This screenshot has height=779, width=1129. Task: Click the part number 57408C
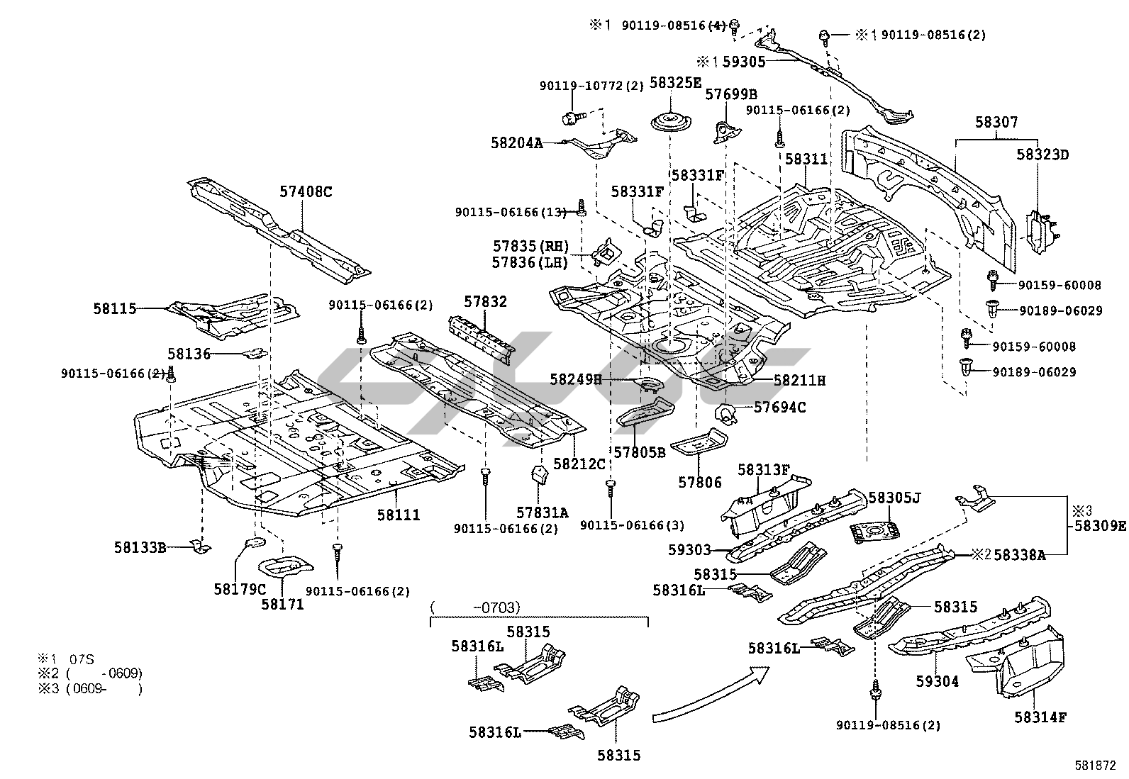(x=306, y=191)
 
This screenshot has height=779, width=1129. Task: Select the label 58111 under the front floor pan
(x=398, y=515)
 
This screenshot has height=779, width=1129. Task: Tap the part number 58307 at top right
(x=996, y=122)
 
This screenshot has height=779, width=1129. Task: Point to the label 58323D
(x=1042, y=154)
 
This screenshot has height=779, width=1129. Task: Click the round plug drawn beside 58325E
(x=670, y=121)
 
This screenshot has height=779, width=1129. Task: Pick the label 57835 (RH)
(x=531, y=247)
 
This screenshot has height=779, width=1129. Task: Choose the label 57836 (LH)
(x=531, y=263)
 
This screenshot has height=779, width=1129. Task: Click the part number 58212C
(x=579, y=464)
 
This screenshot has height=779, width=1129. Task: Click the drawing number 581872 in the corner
(x=1095, y=766)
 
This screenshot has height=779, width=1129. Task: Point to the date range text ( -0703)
(x=475, y=607)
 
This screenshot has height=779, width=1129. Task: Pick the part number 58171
(x=282, y=604)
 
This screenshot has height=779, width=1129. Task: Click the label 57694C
(x=779, y=407)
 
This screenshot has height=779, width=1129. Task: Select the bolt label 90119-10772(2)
(x=591, y=86)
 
